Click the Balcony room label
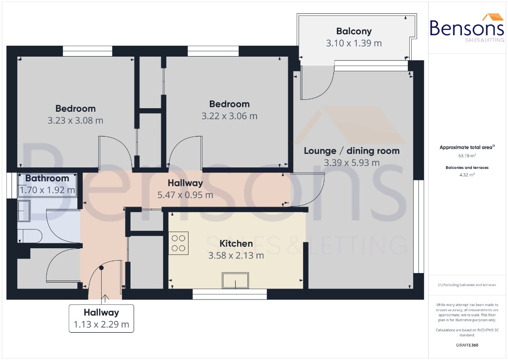pyautogui.click(x=354, y=31)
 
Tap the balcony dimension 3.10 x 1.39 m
pyautogui.click(x=354, y=43)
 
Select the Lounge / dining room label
pyautogui.click(x=351, y=150)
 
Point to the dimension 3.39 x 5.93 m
pyautogui.click(x=351, y=162)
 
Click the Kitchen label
pyautogui.click(x=236, y=243)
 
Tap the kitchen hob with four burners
pyautogui.click(x=178, y=243)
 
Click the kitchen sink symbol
pyautogui.click(x=236, y=281)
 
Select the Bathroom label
pyautogui.click(x=47, y=178)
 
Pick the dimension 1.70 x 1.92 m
pyautogui.click(x=47, y=190)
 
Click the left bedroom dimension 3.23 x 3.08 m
pyautogui.click(x=75, y=120)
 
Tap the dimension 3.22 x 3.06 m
pyautogui.click(x=229, y=116)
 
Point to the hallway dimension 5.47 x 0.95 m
pyautogui.click(x=185, y=195)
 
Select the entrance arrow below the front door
pyautogui.click(x=105, y=298)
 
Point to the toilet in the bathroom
pyautogui.click(x=27, y=235)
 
